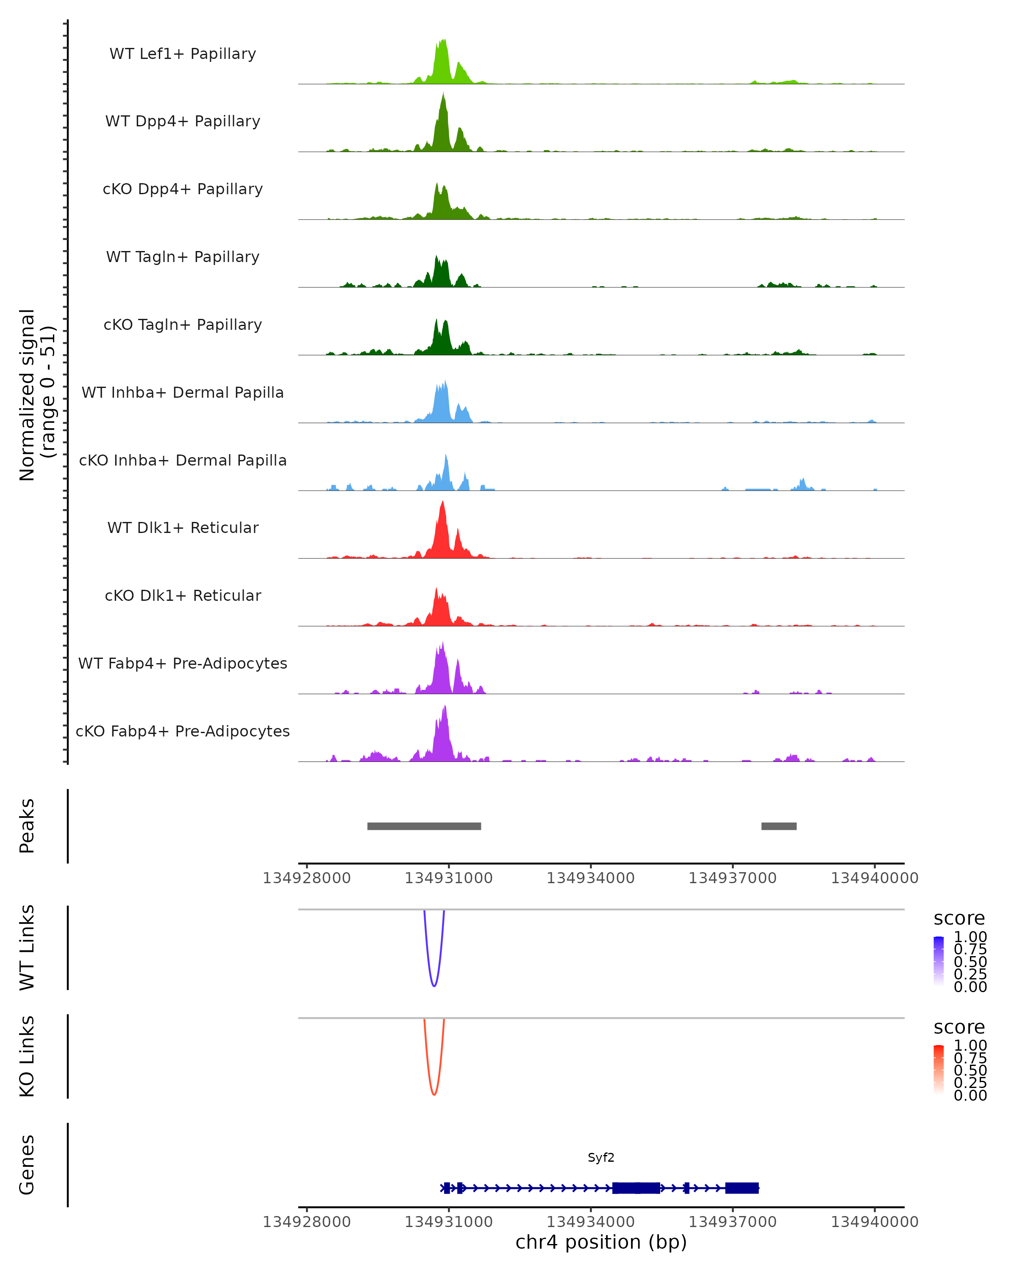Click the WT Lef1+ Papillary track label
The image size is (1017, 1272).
[x=183, y=54]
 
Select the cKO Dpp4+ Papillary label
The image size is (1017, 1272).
[x=183, y=190]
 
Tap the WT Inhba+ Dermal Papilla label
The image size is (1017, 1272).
[x=183, y=393]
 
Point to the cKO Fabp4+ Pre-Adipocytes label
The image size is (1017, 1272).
[x=183, y=731]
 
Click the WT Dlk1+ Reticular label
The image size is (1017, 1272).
[x=183, y=528]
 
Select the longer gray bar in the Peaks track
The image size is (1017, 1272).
[x=424, y=826]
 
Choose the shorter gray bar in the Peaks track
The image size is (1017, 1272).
[x=779, y=826]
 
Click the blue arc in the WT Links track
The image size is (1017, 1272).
[x=434, y=985]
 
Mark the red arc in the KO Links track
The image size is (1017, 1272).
[x=434, y=1094]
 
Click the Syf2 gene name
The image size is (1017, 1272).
[x=601, y=1158]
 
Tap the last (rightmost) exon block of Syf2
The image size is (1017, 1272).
[x=742, y=1188]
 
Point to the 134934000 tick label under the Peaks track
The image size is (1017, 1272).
[x=591, y=879]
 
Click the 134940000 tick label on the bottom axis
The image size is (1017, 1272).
[x=874, y=1222]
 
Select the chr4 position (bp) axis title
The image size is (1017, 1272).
[x=601, y=1242]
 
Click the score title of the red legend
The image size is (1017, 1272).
[x=959, y=1027]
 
